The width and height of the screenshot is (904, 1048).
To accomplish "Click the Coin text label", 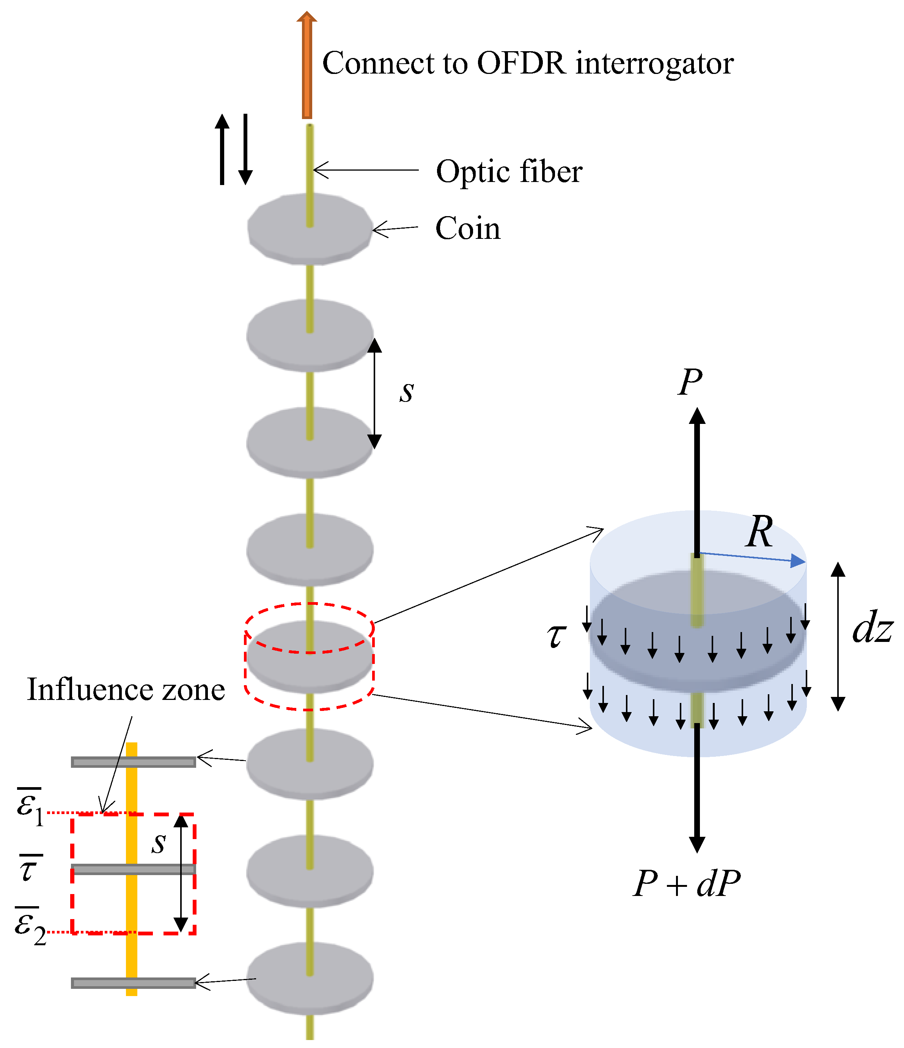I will click(x=468, y=229).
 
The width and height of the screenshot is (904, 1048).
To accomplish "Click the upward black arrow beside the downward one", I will click(x=222, y=149).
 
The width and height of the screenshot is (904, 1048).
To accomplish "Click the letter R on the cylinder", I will click(x=759, y=532).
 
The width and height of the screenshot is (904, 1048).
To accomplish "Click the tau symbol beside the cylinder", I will click(x=556, y=636).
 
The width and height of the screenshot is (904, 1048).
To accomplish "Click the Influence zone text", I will click(x=126, y=690).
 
